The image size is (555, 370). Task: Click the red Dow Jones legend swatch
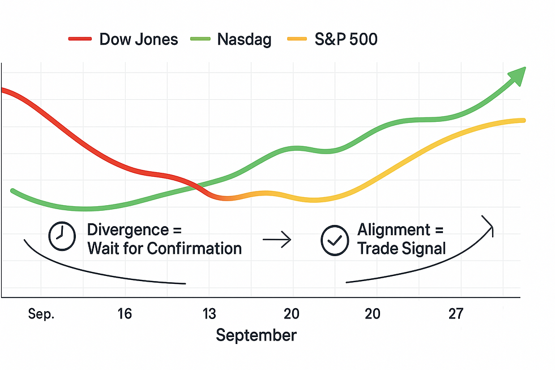pyautogui.click(x=80, y=39)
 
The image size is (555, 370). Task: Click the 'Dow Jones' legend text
pyautogui.click(x=138, y=39)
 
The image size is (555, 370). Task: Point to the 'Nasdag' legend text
pyautogui.click(x=244, y=40)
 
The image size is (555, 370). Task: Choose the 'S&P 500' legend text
pyautogui.click(x=346, y=39)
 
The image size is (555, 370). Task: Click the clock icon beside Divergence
pyautogui.click(x=62, y=237)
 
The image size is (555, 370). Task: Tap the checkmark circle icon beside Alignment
pyautogui.click(x=335, y=240)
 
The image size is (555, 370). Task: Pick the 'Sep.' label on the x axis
pyautogui.click(x=41, y=314)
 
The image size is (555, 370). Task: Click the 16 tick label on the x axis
pyautogui.click(x=125, y=314)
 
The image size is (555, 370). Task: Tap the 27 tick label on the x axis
pyautogui.click(x=456, y=314)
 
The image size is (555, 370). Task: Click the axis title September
pyautogui.click(x=256, y=335)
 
